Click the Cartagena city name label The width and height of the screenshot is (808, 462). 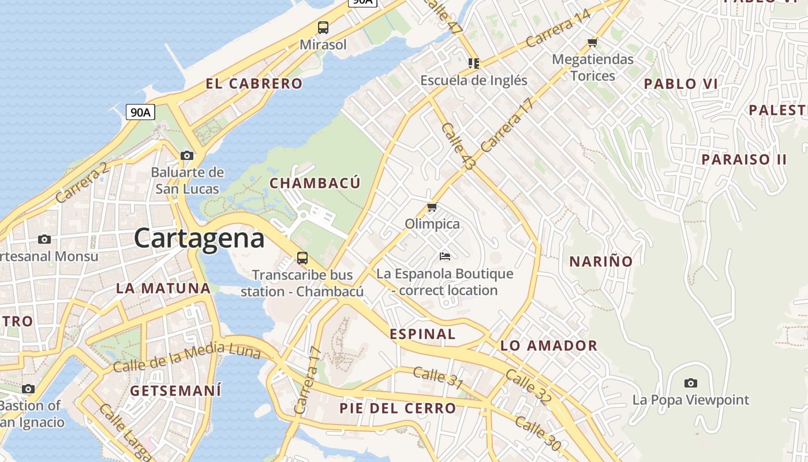199,238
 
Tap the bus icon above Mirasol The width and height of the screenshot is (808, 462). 323,27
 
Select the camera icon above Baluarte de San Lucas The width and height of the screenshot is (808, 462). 186,155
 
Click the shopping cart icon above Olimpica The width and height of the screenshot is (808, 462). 432,207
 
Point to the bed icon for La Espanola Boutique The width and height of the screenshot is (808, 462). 444,256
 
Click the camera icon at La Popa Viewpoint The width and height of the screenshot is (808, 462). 690,383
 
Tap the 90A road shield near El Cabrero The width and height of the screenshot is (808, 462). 140,112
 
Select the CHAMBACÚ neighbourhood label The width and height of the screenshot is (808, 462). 315,183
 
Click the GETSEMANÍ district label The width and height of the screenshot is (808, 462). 175,391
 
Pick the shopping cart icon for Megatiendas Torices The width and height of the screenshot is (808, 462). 592,42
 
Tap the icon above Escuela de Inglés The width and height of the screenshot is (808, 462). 474,63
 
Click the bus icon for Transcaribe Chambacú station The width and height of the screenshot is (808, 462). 302,258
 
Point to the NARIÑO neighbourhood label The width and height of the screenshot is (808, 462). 601,262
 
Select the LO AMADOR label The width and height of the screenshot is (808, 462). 549,346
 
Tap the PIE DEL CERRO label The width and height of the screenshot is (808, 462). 398,408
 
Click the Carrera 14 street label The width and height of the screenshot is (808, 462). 558,29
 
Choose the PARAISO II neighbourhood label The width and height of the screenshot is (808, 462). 743,159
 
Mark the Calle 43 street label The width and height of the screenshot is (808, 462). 458,146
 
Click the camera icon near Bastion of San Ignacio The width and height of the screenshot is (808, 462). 28,389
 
